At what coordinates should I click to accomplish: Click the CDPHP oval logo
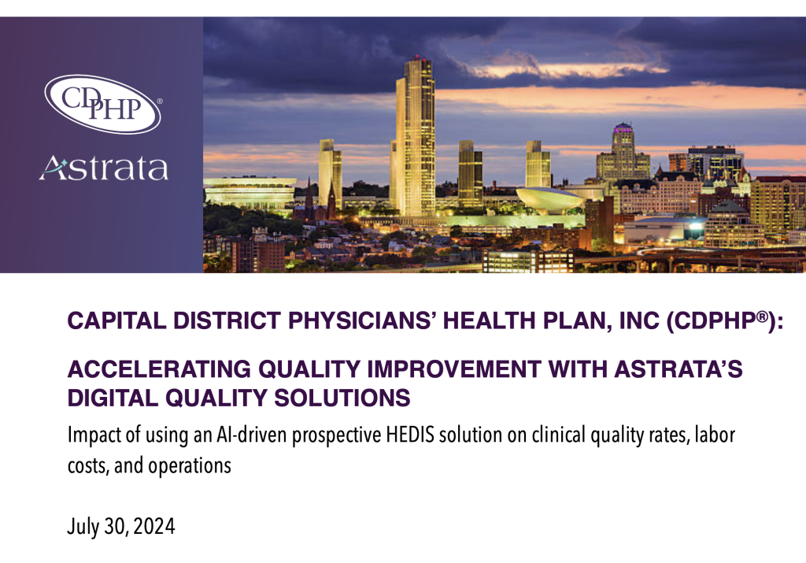pyautogui.click(x=103, y=104)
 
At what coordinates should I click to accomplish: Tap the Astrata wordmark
pyautogui.click(x=104, y=168)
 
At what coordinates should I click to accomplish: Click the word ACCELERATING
pyautogui.click(x=159, y=369)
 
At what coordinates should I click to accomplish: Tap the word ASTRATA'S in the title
pyautogui.click(x=678, y=369)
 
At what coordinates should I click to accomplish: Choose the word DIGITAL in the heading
pyautogui.click(x=113, y=398)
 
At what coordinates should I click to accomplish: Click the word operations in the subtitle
pyautogui.click(x=190, y=466)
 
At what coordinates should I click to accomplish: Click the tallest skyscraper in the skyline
pyautogui.click(x=415, y=138)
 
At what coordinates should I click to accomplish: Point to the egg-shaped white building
pyautogui.click(x=550, y=199)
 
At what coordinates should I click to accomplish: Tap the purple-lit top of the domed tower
pyautogui.click(x=623, y=128)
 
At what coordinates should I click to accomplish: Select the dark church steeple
pyautogui.click(x=309, y=198)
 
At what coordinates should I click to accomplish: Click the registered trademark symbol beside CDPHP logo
pyautogui.click(x=159, y=102)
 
